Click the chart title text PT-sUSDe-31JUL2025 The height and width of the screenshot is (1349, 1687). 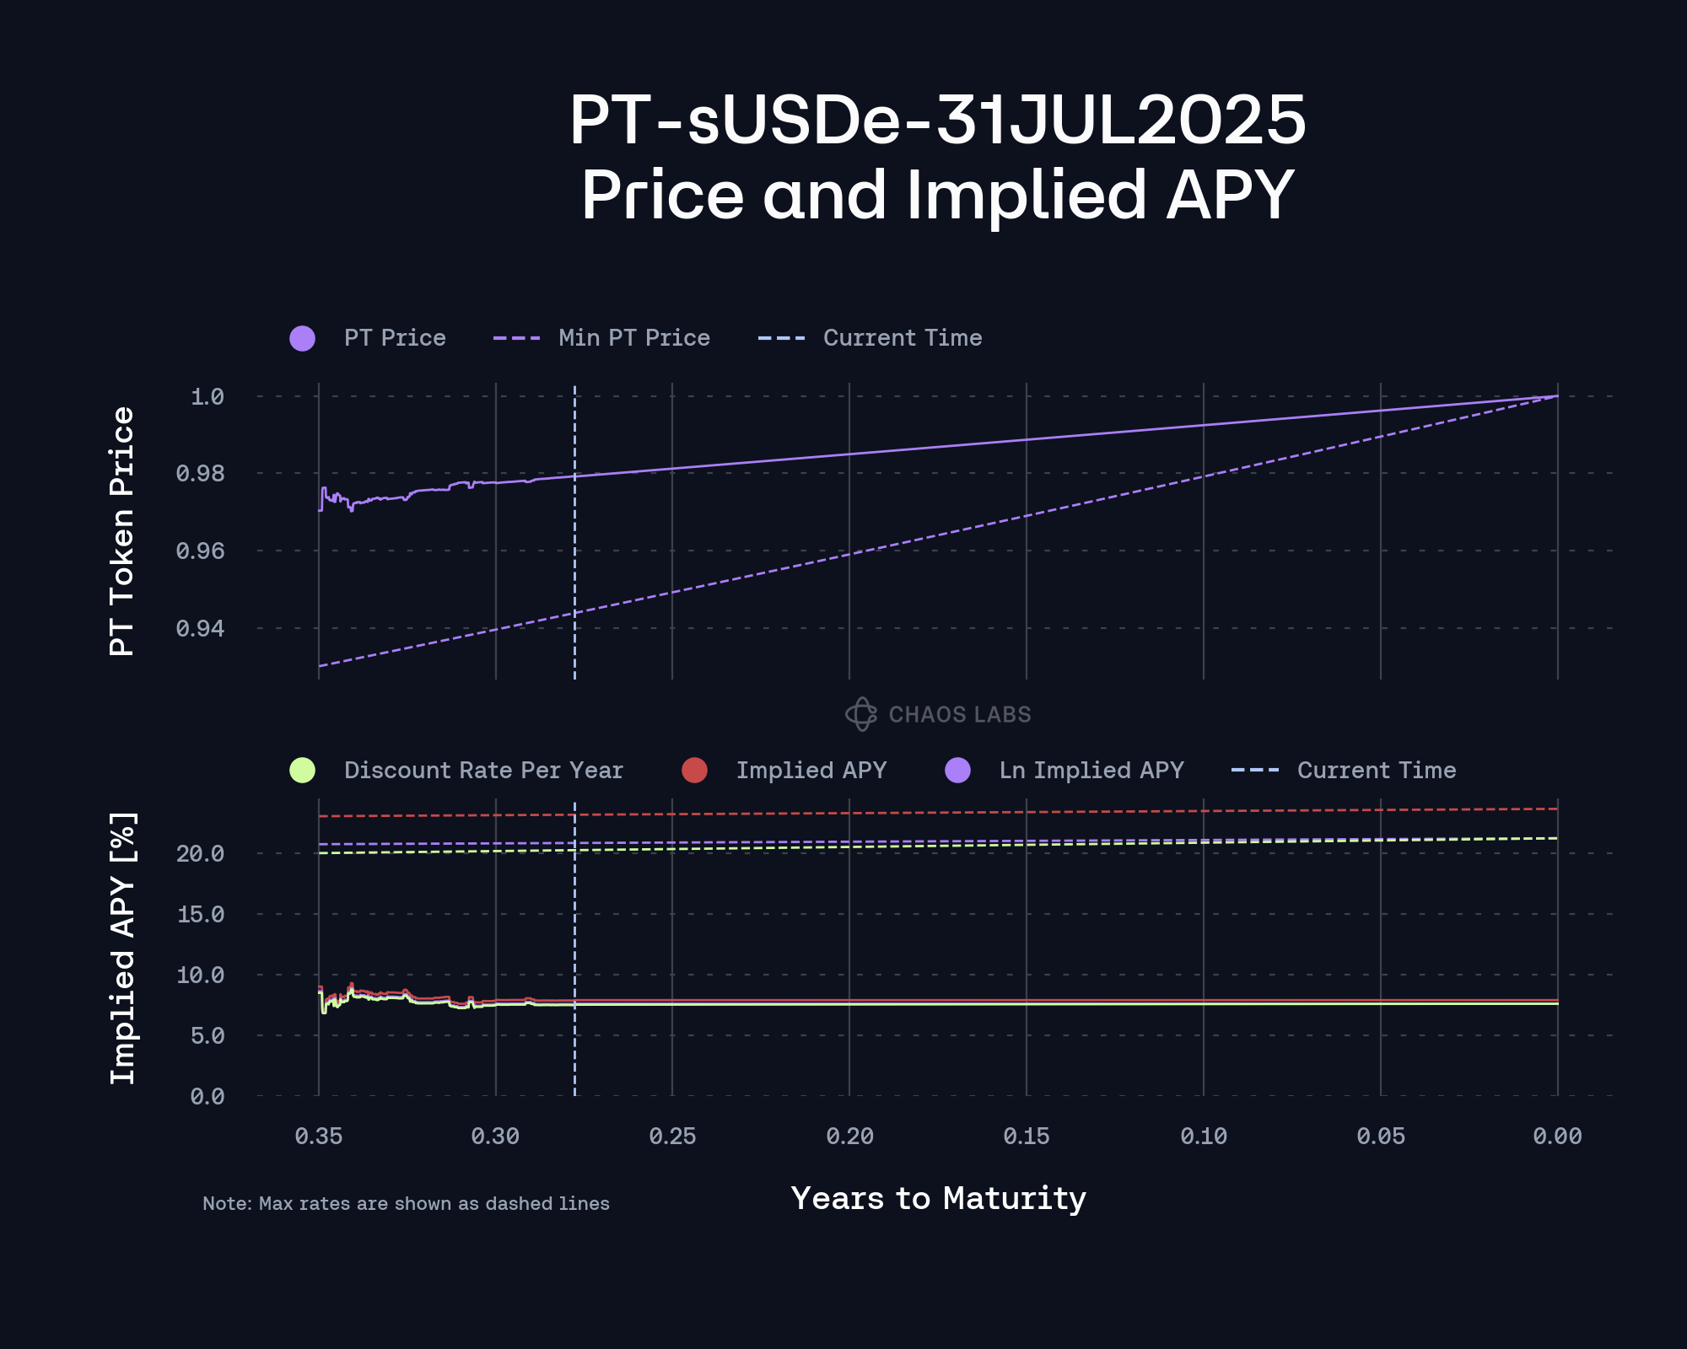pyautogui.click(x=937, y=121)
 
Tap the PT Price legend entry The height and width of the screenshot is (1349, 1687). pyautogui.click(x=394, y=338)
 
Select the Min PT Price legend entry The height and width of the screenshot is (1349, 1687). pyautogui.click(x=633, y=338)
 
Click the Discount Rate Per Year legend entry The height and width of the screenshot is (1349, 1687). pyautogui.click(x=482, y=771)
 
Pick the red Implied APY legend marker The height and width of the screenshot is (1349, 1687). pyautogui.click(x=694, y=771)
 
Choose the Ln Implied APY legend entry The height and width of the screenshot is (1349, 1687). pyautogui.click(x=1091, y=771)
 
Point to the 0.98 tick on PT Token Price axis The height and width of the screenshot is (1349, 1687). pyautogui.click(x=200, y=474)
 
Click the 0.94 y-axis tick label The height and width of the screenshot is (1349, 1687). pyautogui.click(x=200, y=628)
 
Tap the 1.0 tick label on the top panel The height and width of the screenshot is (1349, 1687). pyautogui.click(x=208, y=396)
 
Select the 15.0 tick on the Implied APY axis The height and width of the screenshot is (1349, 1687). pyautogui.click(x=201, y=914)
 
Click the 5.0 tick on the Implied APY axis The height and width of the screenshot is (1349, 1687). pyautogui.click(x=208, y=1035)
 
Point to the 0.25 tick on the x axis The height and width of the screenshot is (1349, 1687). pyautogui.click(x=672, y=1137)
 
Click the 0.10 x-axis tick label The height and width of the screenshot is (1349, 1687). pyautogui.click(x=1204, y=1137)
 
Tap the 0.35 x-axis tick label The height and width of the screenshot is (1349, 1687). pyautogui.click(x=319, y=1137)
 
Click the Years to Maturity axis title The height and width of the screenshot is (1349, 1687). pyautogui.click(x=938, y=1198)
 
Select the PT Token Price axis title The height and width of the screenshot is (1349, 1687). pyautogui.click(x=122, y=531)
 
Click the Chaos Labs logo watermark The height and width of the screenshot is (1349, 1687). pyautogui.click(x=938, y=714)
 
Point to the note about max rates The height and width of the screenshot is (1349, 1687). pyautogui.click(x=406, y=1203)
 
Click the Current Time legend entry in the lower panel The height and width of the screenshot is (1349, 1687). pyautogui.click(x=1376, y=771)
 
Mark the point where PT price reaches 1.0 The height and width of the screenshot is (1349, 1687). pyautogui.click(x=1557, y=396)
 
